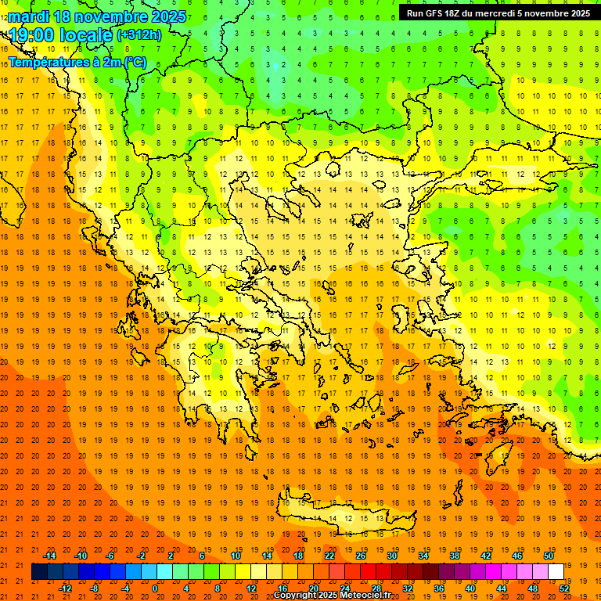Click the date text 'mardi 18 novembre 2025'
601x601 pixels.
pyautogui.click(x=98, y=16)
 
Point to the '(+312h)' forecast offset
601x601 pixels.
pyautogui.click(x=139, y=35)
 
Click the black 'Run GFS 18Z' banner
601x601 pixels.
pyautogui.click(x=498, y=13)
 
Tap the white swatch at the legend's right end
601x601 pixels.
pyautogui.click(x=556, y=572)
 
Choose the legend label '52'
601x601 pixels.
pyautogui.click(x=564, y=588)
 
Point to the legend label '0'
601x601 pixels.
pyautogui.click(x=155, y=588)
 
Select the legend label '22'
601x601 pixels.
pyautogui.click(x=329, y=556)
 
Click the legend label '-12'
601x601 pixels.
pyautogui.click(x=65, y=588)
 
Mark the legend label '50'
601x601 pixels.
pyautogui.click(x=549, y=556)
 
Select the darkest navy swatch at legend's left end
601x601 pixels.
pyautogui.click(x=39, y=572)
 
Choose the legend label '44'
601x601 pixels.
pyautogui.click(x=502, y=588)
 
